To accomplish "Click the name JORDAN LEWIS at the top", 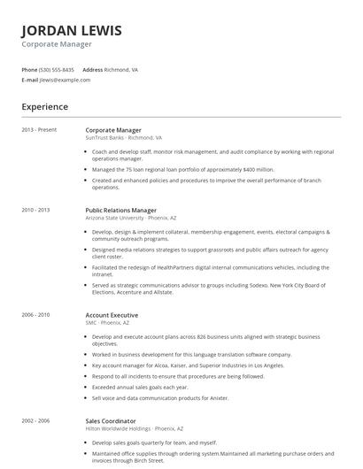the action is pyautogui.click(x=72, y=30).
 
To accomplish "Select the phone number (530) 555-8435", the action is pyautogui.click(x=58, y=69).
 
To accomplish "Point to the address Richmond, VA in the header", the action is pyautogui.click(x=122, y=69).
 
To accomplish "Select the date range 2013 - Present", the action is pyautogui.click(x=39, y=130).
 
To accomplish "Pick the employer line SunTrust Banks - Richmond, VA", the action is pyautogui.click(x=124, y=138).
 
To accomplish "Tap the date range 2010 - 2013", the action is pyautogui.click(x=36, y=211).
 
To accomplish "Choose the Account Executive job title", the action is pyautogui.click(x=112, y=315).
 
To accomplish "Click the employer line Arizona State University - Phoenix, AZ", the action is pyautogui.click(x=131, y=219).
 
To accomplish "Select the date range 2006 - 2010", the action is pyautogui.click(x=36, y=315).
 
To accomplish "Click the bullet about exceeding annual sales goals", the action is pyautogui.click(x=140, y=386).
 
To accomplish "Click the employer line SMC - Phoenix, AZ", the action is pyautogui.click(x=108, y=323).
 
